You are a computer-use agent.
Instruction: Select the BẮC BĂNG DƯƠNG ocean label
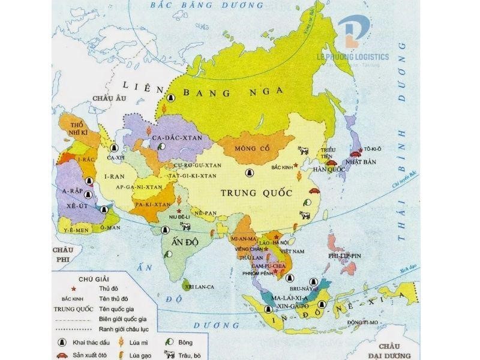[189, 5]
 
